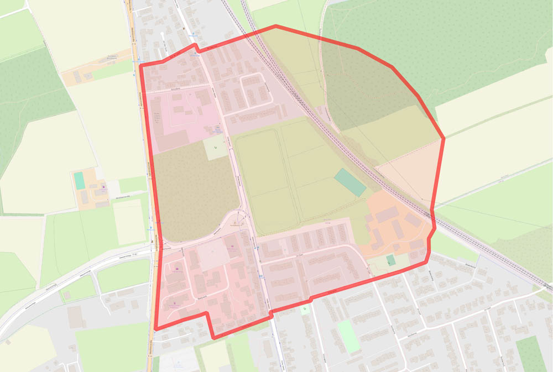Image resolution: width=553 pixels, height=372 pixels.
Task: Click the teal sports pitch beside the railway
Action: (x=350, y=182)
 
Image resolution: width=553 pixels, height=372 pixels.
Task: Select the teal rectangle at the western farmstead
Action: (x=79, y=180)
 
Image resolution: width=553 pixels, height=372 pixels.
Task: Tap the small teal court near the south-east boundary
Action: (x=391, y=259)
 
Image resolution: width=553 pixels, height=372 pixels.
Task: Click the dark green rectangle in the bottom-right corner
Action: (x=530, y=353)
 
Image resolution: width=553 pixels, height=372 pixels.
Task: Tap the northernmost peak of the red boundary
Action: (x=275, y=26)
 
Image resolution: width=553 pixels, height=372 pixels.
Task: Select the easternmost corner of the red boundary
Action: (x=444, y=138)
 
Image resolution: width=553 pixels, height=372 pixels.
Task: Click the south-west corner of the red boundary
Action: (x=155, y=329)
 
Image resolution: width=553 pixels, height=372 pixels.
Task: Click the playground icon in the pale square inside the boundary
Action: (x=216, y=148)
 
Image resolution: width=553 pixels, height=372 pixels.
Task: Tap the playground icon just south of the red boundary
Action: (x=304, y=308)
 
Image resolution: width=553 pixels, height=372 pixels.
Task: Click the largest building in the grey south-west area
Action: (x=75, y=317)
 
